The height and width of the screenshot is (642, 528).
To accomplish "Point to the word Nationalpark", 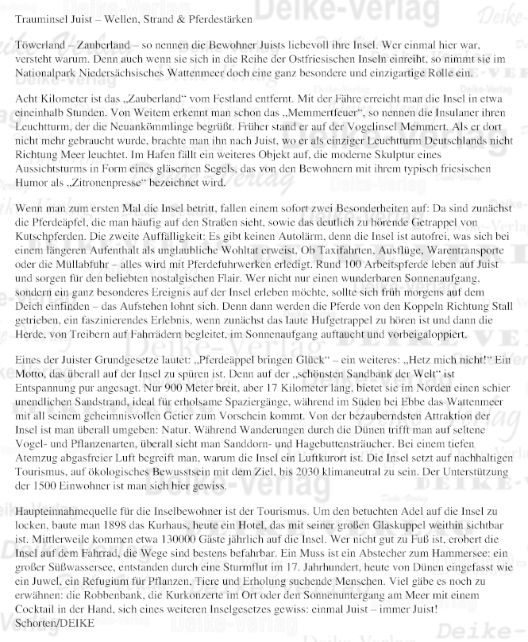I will [46, 73].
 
